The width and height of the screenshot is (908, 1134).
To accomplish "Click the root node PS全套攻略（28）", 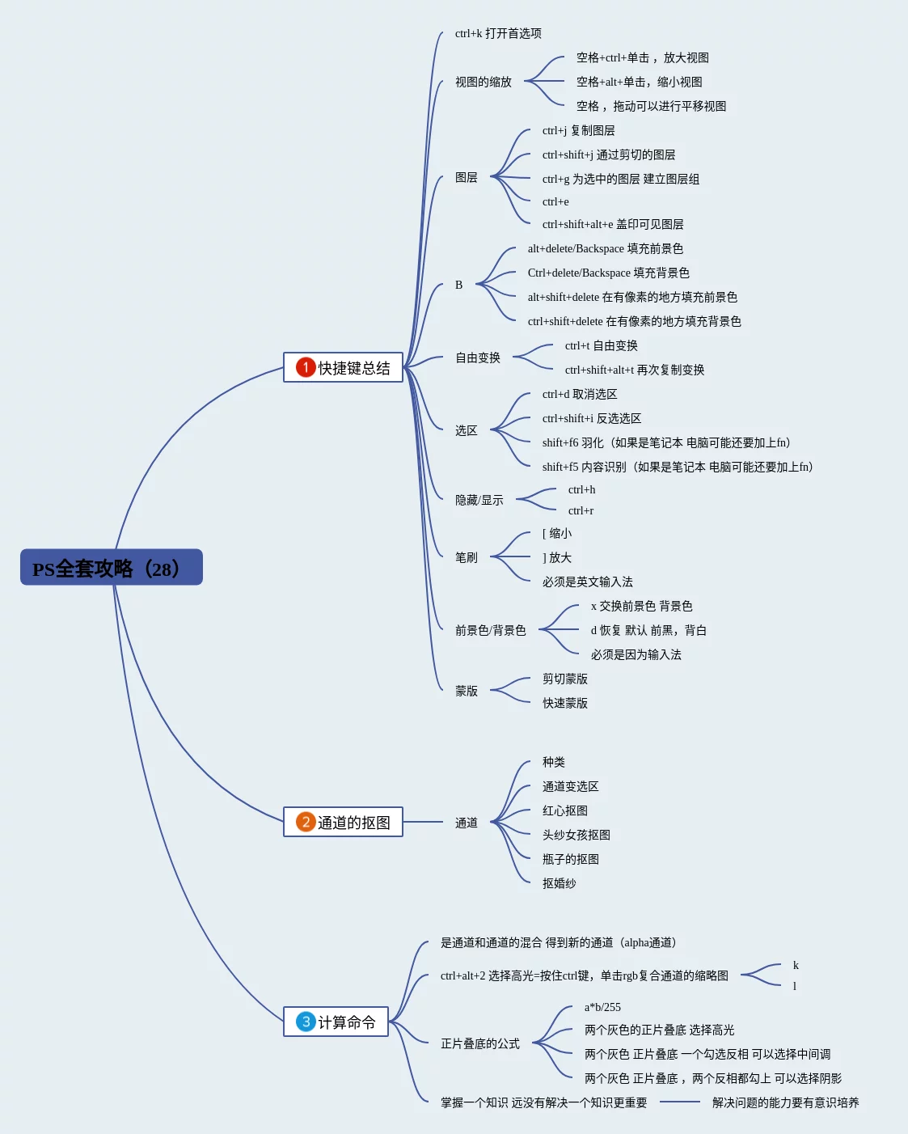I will (x=111, y=568).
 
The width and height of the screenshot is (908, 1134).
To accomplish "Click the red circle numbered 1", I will (x=306, y=367).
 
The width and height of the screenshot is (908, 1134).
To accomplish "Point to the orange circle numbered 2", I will (x=306, y=823).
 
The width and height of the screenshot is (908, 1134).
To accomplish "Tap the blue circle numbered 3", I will (x=306, y=1022).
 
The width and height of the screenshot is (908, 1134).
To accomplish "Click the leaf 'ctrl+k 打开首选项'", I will (x=498, y=33).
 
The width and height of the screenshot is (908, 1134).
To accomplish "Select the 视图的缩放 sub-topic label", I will (x=484, y=82).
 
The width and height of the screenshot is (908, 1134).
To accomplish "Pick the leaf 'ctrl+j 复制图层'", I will (x=578, y=130).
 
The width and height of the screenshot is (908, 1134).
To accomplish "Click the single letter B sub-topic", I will (x=458, y=285).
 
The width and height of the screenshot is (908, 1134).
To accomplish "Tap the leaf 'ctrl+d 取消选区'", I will (x=580, y=394).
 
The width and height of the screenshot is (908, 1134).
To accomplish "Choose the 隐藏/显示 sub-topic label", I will (x=479, y=500).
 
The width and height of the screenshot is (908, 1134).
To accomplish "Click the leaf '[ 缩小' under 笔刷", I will (x=557, y=533).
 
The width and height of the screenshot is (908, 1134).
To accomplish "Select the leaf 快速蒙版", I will (x=565, y=703).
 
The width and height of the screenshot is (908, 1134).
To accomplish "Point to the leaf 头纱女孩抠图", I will (x=576, y=835).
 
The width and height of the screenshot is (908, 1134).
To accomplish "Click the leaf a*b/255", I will (x=602, y=1007).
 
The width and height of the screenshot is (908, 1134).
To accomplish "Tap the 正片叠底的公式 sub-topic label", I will (x=480, y=1043).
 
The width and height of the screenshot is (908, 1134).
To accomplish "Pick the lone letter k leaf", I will (x=796, y=965).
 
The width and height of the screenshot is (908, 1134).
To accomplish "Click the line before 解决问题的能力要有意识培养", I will (x=679, y=1102).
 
